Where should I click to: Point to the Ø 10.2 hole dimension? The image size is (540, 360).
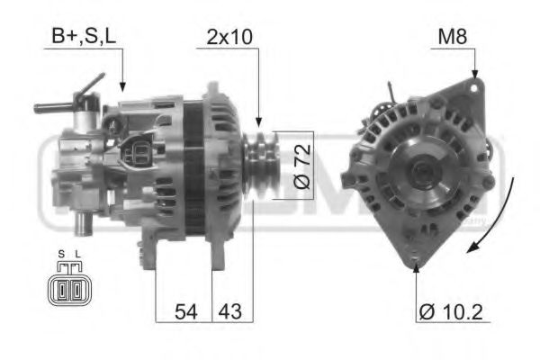click(450, 313)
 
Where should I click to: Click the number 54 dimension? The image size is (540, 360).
click(185, 313)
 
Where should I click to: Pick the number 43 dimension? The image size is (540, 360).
click(231, 313)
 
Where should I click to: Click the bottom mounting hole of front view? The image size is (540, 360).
click(415, 264)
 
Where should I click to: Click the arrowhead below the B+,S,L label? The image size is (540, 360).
click(122, 86)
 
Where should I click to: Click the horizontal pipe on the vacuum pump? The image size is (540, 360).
click(52, 108)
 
